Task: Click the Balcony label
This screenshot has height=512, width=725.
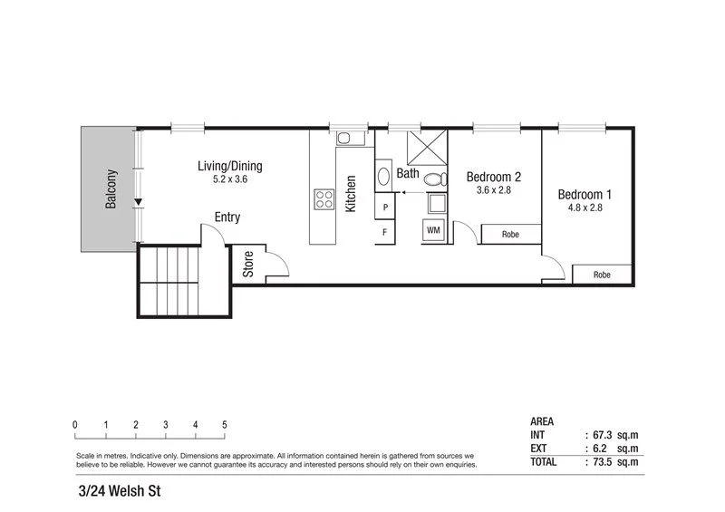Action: tap(111, 189)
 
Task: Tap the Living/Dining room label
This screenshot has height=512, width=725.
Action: tap(230, 166)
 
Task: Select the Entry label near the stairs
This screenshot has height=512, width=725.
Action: tap(227, 217)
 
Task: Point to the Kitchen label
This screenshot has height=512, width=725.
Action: tap(351, 194)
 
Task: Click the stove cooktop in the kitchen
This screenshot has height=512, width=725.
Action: tap(324, 198)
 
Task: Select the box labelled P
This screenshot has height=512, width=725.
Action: tap(385, 208)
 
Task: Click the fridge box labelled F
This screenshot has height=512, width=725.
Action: tap(385, 232)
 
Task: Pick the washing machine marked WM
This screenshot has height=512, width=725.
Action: tap(433, 231)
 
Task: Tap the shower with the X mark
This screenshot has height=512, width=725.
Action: tap(425, 148)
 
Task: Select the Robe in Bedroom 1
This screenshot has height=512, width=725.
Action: tap(602, 274)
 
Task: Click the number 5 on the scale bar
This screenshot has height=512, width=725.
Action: tap(224, 424)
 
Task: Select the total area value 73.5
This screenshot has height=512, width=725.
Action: tap(599, 461)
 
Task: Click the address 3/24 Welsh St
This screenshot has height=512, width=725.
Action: tap(120, 494)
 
